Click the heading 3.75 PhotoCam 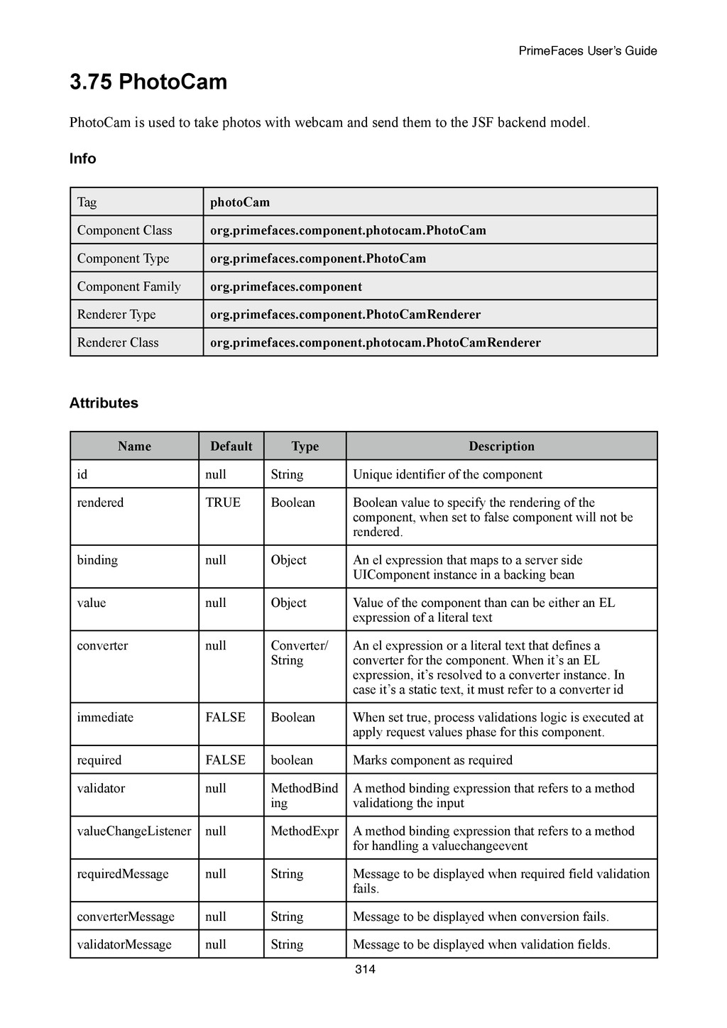tap(148, 82)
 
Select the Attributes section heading tap(104, 403)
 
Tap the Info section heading tap(82, 159)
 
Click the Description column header tap(501, 446)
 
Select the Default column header tap(231, 446)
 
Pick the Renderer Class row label tap(118, 342)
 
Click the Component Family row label tap(129, 286)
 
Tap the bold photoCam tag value tap(240, 202)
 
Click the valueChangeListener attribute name tap(134, 831)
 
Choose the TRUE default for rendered tap(223, 503)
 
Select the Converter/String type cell tap(299, 652)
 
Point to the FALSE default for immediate tap(225, 717)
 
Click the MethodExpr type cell tap(305, 831)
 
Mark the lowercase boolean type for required tap(292, 760)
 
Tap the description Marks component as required tap(432, 760)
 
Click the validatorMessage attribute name tap(124, 944)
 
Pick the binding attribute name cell tap(97, 559)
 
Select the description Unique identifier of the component tap(447, 474)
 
